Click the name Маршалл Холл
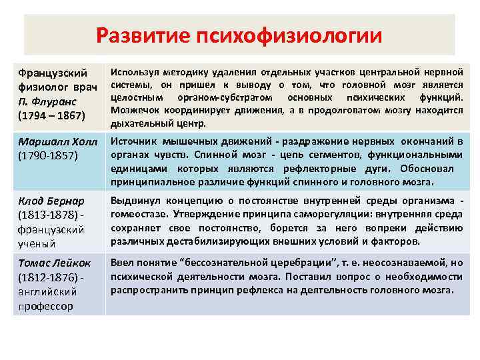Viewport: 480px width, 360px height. pyautogui.click(x=58, y=142)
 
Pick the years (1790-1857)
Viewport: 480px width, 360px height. pyautogui.click(x=49, y=155)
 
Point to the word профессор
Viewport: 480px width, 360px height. pyautogui.click(x=45, y=306)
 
